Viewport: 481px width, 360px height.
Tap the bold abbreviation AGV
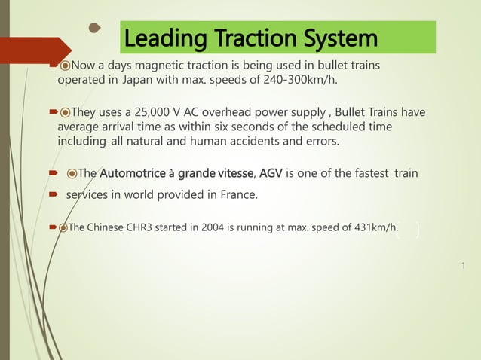(271, 175)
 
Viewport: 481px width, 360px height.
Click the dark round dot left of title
(94, 29)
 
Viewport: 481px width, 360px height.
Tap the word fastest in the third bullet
(371, 175)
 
